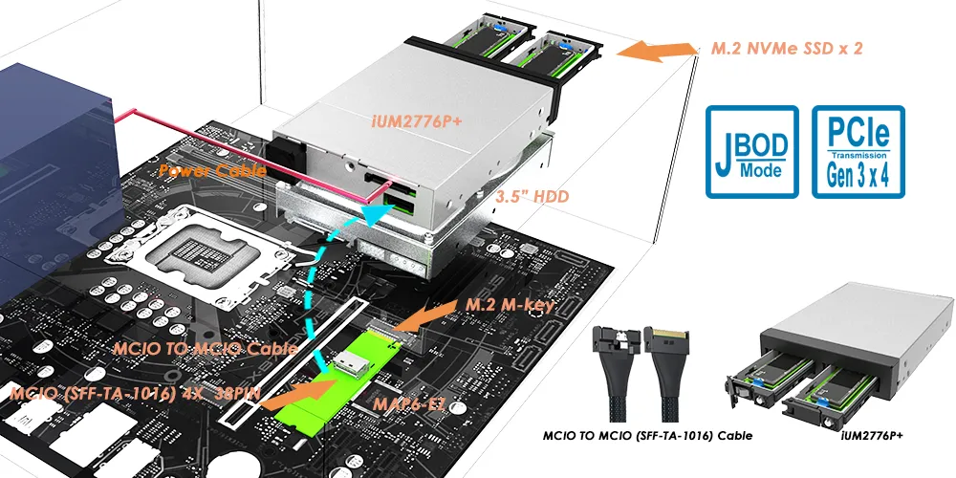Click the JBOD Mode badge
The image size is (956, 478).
751,153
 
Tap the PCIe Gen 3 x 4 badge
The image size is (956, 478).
858,153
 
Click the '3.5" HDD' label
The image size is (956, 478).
532,198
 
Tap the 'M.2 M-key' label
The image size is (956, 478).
511,305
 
